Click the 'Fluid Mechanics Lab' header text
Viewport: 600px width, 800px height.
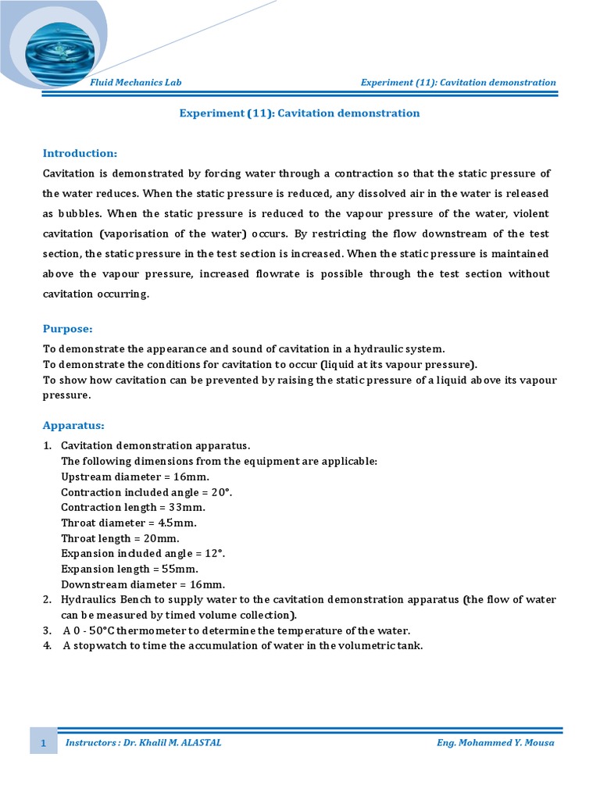136,83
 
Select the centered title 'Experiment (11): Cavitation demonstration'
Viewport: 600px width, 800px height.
299,113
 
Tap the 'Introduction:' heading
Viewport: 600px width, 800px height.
80,153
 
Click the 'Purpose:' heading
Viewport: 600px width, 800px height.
67,329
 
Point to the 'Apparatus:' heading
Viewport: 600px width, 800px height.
73,426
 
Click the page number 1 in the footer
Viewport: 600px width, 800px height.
44,743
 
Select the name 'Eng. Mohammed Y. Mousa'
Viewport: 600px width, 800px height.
495,743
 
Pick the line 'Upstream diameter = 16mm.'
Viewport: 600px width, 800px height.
135,477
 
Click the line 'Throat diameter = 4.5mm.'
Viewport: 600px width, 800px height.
129,523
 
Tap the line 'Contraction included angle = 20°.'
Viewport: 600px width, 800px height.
147,492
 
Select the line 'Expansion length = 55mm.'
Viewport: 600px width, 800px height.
130,569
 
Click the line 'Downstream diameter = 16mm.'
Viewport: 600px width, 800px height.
143,584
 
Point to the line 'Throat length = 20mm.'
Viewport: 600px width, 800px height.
120,538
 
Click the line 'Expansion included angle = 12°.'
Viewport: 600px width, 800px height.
143,554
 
